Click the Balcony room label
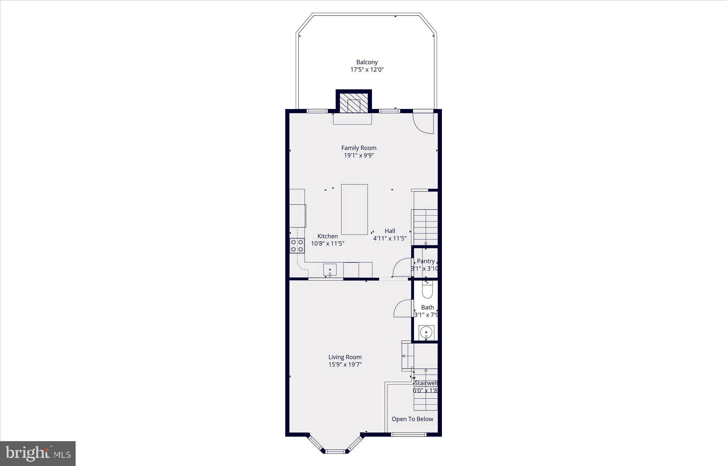(367, 62)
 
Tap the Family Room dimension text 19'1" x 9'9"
(359, 155)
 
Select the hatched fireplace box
(354, 103)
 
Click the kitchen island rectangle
(354, 209)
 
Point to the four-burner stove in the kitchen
(297, 246)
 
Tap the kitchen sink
(330, 270)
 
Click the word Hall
(390, 231)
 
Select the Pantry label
(426, 261)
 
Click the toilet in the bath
(427, 290)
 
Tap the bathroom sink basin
(426, 333)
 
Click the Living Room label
(345, 357)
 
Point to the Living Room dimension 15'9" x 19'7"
(345, 364)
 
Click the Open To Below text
(412, 419)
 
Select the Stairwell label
(426, 383)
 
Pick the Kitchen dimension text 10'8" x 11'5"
(328, 244)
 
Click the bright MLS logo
(38, 454)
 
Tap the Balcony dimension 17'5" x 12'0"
(367, 70)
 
